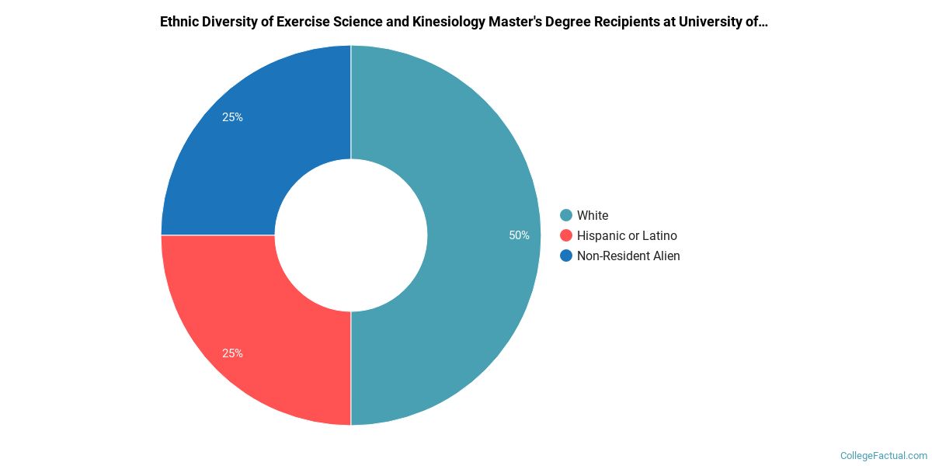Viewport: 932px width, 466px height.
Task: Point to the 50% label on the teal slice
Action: coord(519,235)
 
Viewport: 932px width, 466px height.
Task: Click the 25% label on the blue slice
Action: coord(232,117)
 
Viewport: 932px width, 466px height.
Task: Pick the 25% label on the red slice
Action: coord(232,353)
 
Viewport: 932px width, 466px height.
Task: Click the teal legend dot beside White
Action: coord(566,215)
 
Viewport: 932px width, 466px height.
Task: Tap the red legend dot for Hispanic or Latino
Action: coord(566,235)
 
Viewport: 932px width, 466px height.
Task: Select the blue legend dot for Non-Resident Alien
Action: coord(566,256)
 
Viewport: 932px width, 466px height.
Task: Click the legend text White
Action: coord(593,215)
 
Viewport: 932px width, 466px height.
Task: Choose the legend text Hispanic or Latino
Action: coord(627,235)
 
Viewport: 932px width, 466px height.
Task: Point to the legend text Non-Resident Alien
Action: coord(628,256)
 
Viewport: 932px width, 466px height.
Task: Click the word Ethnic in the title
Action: coord(179,22)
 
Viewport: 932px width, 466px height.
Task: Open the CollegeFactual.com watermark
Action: coord(884,456)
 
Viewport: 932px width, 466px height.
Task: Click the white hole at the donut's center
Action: coord(351,235)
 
